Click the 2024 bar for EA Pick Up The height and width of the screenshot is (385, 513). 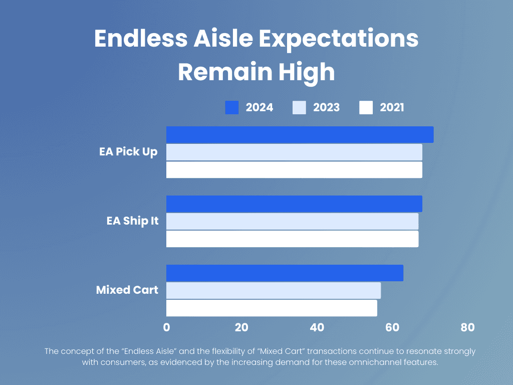click(x=300, y=134)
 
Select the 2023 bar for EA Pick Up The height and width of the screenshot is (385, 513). click(x=294, y=152)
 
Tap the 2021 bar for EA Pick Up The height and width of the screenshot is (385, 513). click(x=294, y=170)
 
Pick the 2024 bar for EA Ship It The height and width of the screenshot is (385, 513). click(x=294, y=204)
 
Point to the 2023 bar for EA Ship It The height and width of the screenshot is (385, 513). click(x=292, y=221)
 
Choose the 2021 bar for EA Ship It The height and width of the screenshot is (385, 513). click(x=292, y=239)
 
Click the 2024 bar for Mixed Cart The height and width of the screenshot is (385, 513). click(x=285, y=273)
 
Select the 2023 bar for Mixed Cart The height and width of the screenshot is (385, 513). click(x=274, y=290)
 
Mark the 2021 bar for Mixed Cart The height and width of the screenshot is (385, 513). click(x=272, y=308)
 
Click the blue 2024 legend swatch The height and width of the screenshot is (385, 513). click(x=231, y=107)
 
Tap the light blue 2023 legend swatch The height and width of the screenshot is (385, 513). click(x=299, y=107)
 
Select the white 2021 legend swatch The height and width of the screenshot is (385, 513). click(x=366, y=107)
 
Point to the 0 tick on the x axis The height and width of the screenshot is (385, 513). click(x=166, y=327)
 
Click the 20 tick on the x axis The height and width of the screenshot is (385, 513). click(x=241, y=327)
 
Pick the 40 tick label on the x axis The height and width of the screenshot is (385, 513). click(x=317, y=327)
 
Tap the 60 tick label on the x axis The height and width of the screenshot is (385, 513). click(x=392, y=327)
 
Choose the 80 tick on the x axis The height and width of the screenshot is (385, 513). click(x=467, y=327)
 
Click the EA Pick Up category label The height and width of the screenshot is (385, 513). click(x=128, y=152)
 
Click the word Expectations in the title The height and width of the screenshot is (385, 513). click(x=339, y=39)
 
